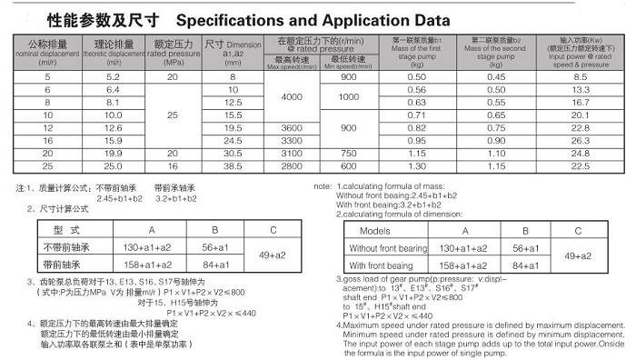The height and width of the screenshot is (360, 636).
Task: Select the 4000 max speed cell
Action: pyautogui.click(x=291, y=96)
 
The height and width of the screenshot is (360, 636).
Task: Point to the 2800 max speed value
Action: pyautogui.click(x=291, y=167)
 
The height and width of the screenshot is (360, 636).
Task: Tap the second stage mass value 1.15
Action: pyautogui.click(x=495, y=167)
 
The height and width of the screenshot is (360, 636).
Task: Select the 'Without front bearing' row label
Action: pyautogui.click(x=388, y=248)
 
